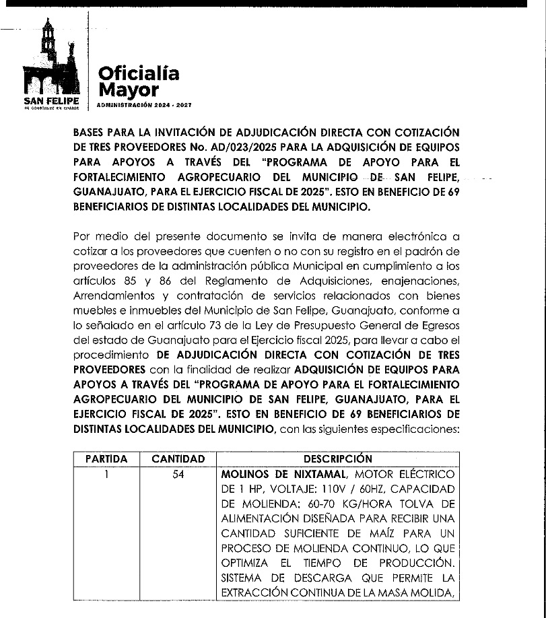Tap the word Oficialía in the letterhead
[x=139, y=73]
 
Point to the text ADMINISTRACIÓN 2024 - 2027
[x=144, y=106]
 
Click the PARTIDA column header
[x=106, y=459]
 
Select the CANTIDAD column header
[x=178, y=459]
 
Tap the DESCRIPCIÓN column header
[x=338, y=459]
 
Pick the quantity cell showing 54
[x=178, y=474]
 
